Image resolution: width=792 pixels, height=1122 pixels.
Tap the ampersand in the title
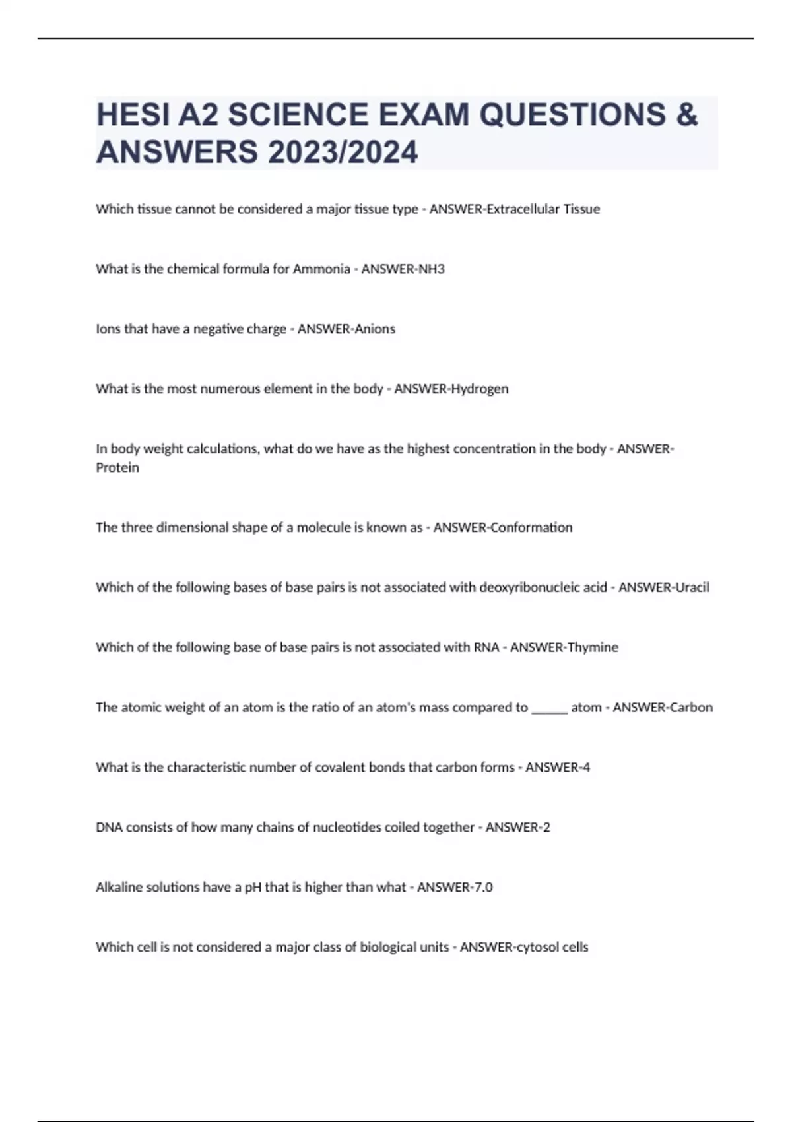tap(687, 115)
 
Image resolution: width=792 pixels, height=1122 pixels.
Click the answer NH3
tap(432, 269)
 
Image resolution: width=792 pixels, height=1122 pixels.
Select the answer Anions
tap(375, 329)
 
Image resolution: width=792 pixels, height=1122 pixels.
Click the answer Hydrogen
tap(480, 389)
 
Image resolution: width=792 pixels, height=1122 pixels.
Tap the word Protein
tap(117, 467)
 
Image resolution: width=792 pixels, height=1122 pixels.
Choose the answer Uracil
tap(692, 587)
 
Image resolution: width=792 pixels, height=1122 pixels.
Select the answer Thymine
tap(593, 647)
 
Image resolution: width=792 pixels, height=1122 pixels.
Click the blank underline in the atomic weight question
tap(549, 708)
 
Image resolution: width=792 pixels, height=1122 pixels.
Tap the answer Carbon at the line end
tap(691, 707)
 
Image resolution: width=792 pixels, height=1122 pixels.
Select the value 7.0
tap(483, 887)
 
